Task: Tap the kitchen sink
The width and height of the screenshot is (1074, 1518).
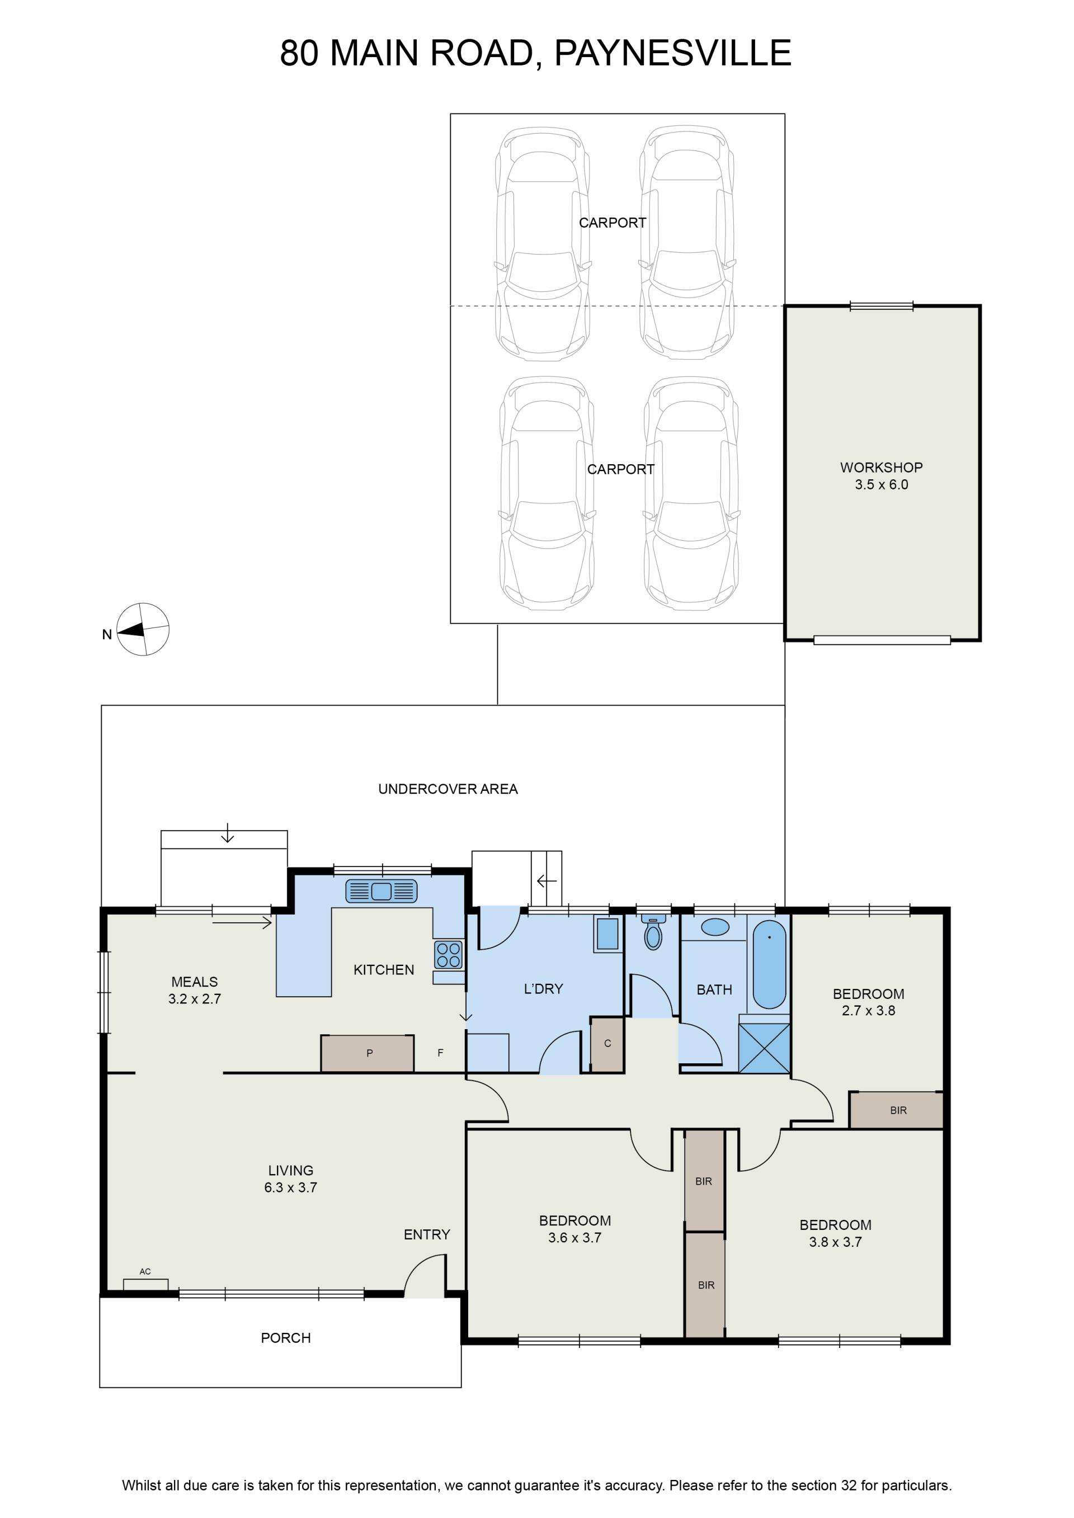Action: coord(381,891)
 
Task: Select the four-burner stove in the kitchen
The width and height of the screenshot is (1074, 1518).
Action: coord(449,955)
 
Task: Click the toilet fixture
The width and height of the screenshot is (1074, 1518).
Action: coord(653,932)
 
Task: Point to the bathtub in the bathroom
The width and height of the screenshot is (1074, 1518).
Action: coord(769,964)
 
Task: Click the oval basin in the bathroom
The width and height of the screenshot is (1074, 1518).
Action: coord(714,927)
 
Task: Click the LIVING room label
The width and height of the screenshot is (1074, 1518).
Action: coord(290,1170)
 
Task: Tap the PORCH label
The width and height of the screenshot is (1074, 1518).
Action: coord(286,1337)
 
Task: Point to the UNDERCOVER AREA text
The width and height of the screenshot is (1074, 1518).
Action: coord(447,789)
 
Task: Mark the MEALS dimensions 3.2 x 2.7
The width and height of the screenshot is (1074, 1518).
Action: coord(195,999)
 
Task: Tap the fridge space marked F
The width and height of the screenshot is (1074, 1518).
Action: coord(440,1053)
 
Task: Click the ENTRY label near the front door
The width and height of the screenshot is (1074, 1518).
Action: coord(427,1234)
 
